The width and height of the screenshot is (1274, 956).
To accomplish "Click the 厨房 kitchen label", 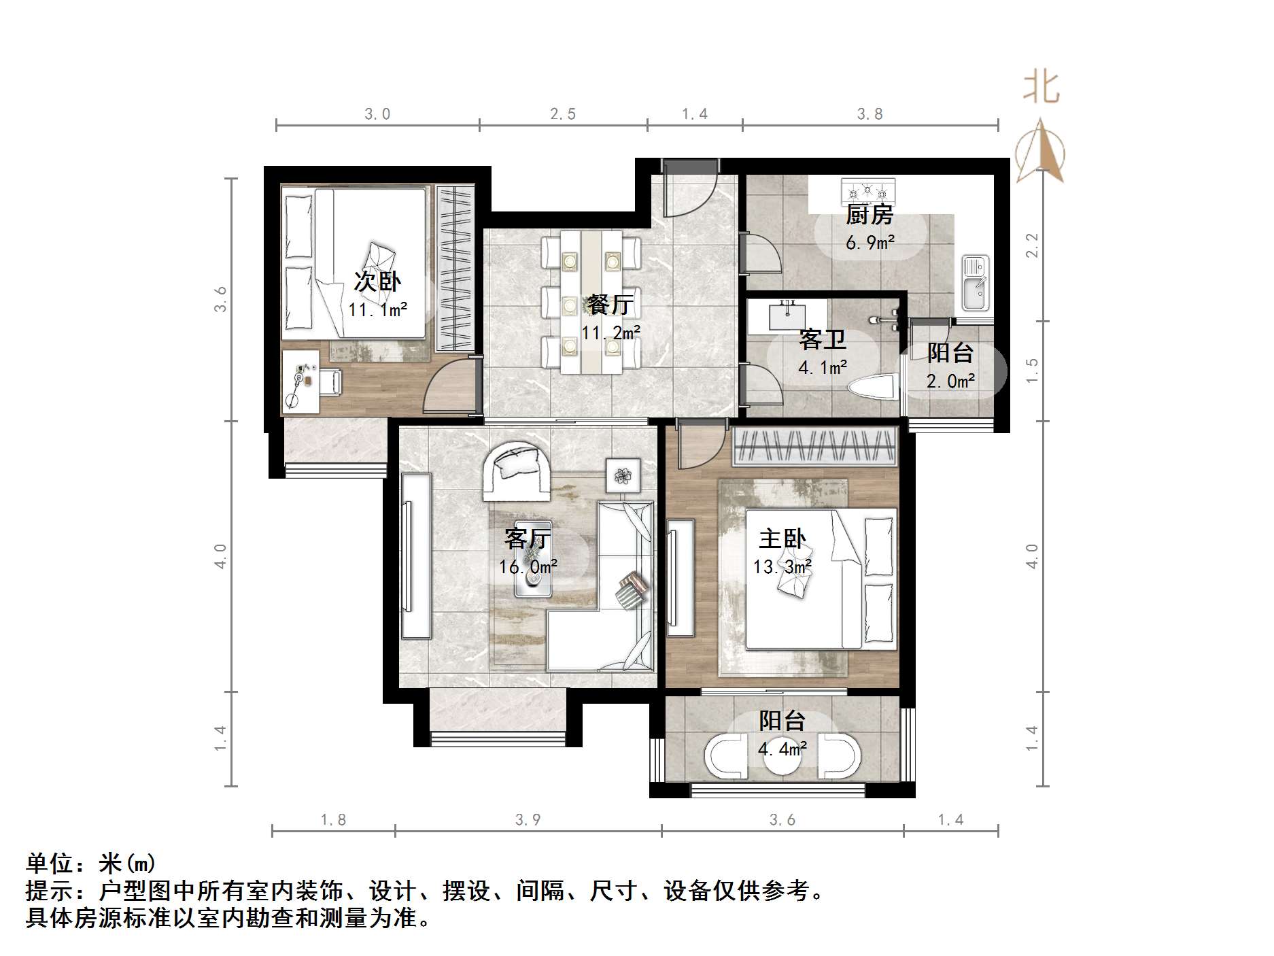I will [x=869, y=215].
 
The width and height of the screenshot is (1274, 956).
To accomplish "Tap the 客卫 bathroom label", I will [x=822, y=340].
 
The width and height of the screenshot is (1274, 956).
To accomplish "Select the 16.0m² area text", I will [x=528, y=566].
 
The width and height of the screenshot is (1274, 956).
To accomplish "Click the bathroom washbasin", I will [x=787, y=315].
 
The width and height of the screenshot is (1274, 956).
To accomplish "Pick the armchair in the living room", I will [x=516, y=471].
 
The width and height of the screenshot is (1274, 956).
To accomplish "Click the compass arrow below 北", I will [x=1040, y=151].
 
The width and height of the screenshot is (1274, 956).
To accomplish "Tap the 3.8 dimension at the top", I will [x=870, y=114].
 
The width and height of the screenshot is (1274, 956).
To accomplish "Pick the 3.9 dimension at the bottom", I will [x=528, y=820].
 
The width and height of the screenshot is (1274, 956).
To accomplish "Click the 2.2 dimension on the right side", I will [x=1032, y=245].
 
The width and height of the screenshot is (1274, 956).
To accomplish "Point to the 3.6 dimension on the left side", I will [x=220, y=299].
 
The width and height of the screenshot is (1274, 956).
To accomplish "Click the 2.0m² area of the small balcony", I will [x=950, y=381].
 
